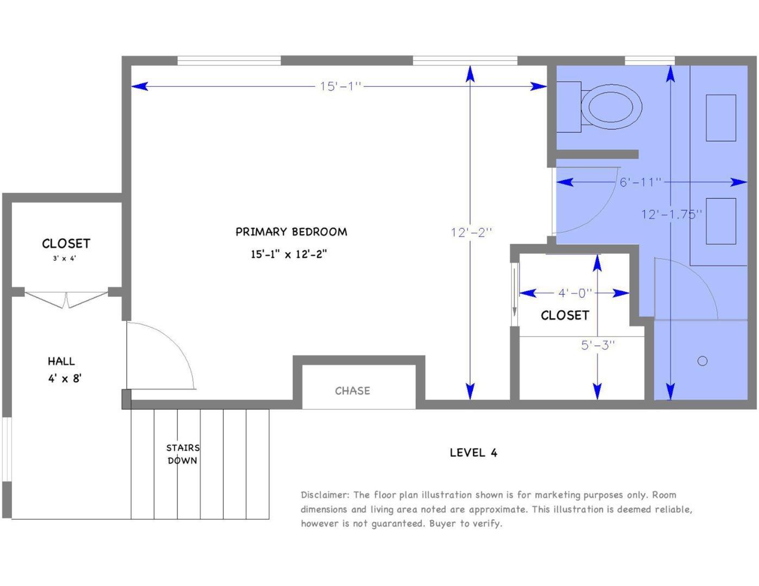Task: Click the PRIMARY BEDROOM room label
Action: pyautogui.click(x=291, y=232)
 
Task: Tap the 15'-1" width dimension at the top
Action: pyautogui.click(x=340, y=86)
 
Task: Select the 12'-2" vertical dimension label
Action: pyautogui.click(x=471, y=232)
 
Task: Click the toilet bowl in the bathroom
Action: pyautogui.click(x=611, y=106)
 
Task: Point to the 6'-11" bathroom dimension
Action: pyautogui.click(x=641, y=182)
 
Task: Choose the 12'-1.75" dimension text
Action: pyautogui.click(x=672, y=214)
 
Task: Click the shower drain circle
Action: pyautogui.click(x=702, y=361)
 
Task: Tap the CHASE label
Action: pyautogui.click(x=352, y=391)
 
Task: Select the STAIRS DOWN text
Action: pyautogui.click(x=182, y=454)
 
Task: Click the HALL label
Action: pyautogui.click(x=61, y=361)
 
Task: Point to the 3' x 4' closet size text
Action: pyautogui.click(x=64, y=259)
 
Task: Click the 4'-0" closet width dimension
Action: pyautogui.click(x=574, y=293)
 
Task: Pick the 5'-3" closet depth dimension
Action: pyautogui.click(x=598, y=345)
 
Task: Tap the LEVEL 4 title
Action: pyautogui.click(x=473, y=453)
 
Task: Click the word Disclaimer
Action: pyautogui.click(x=325, y=495)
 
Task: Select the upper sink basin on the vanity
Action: pyautogui.click(x=720, y=118)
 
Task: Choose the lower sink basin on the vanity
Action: pyautogui.click(x=720, y=221)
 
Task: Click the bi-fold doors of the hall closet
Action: pyautogui.click(x=66, y=300)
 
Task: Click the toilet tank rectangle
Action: pyautogui.click(x=568, y=106)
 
